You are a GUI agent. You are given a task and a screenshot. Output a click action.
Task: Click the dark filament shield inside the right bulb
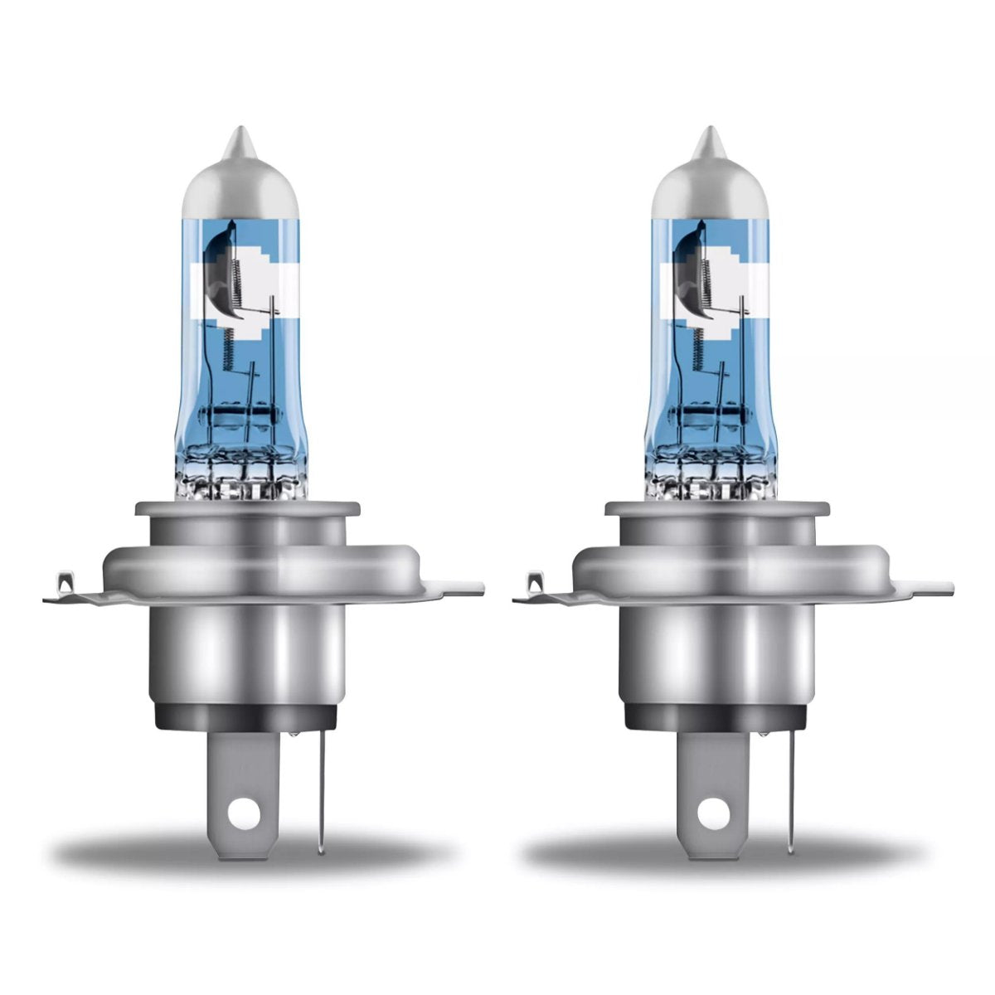(687, 265)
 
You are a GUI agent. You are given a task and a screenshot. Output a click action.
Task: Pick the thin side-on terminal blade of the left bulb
(322, 788)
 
